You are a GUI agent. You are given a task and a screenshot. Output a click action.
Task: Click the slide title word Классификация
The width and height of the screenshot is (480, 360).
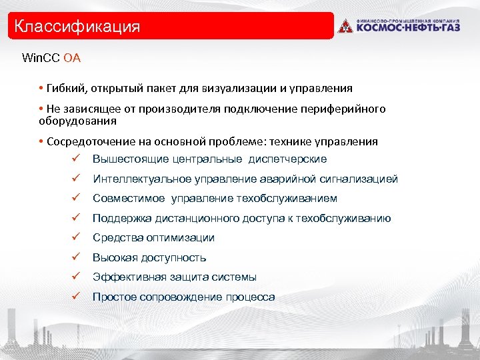point(77,27)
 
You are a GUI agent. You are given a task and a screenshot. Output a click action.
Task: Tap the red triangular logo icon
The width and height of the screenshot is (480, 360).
point(344,27)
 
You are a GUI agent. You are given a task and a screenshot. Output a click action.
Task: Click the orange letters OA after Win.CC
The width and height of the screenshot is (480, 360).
point(72,58)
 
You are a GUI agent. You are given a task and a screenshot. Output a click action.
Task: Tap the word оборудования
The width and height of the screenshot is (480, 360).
point(77,121)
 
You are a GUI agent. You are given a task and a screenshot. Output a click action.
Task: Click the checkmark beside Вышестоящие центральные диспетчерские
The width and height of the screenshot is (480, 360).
point(77,159)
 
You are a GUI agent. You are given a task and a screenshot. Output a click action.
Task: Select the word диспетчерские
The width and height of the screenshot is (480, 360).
point(287,159)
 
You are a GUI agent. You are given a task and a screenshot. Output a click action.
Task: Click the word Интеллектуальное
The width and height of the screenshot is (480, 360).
point(142,179)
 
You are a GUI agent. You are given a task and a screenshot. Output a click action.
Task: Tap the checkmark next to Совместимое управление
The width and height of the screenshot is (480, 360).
point(77,199)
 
